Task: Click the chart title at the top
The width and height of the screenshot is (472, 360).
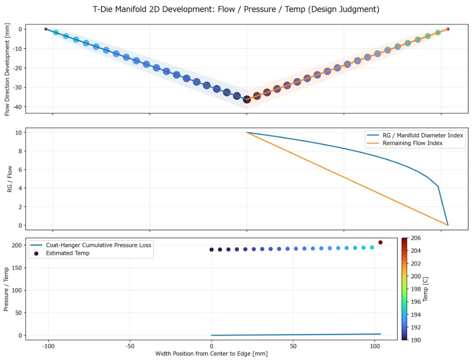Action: (x=236, y=9)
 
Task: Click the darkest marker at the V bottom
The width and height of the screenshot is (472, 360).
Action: (x=247, y=99)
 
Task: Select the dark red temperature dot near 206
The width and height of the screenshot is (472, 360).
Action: (x=380, y=242)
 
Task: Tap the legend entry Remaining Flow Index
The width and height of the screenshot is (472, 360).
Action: (x=413, y=143)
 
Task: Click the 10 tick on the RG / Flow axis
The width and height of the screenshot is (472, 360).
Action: (x=19, y=133)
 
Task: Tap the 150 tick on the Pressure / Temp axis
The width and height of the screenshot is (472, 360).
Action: (x=17, y=268)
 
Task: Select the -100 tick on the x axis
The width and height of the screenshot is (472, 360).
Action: (x=48, y=346)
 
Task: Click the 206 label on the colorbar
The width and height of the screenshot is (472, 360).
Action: (x=416, y=238)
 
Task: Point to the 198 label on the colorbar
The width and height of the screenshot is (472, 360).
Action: (x=416, y=289)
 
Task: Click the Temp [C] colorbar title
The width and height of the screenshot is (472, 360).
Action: (x=425, y=289)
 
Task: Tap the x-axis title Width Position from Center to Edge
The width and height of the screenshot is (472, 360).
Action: (x=211, y=354)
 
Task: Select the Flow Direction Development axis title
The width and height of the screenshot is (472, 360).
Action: (x=7, y=69)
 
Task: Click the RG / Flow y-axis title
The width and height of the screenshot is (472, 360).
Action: (x=9, y=179)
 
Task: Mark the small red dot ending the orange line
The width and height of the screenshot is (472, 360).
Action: (x=448, y=29)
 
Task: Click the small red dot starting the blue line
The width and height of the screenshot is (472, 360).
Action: (x=46, y=29)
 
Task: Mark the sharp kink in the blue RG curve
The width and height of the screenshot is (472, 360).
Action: (x=438, y=187)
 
